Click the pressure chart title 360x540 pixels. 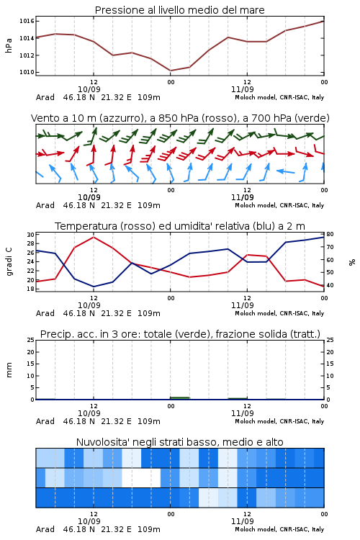coord(179,10)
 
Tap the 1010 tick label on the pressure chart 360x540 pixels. coord(27,72)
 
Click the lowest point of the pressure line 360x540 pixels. coord(171,71)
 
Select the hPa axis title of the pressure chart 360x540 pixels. coord(9,45)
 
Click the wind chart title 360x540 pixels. coord(180,118)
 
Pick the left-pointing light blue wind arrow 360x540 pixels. coord(286,171)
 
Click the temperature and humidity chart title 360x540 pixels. coord(180,226)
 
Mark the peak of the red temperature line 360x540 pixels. coord(94,237)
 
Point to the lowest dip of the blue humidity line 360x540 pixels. coord(94,287)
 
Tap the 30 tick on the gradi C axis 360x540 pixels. coord(31,235)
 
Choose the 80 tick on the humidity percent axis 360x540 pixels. coord(330,234)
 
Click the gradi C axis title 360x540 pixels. coord(9,261)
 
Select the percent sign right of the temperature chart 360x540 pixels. coord(352,262)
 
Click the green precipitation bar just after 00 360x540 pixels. coord(180,398)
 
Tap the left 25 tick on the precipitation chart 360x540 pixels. coord(31,340)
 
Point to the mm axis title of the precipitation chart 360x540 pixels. coord(9,369)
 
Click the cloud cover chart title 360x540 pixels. coord(179,442)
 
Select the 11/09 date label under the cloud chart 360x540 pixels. coord(242,521)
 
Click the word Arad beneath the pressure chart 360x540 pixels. coord(45,97)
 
